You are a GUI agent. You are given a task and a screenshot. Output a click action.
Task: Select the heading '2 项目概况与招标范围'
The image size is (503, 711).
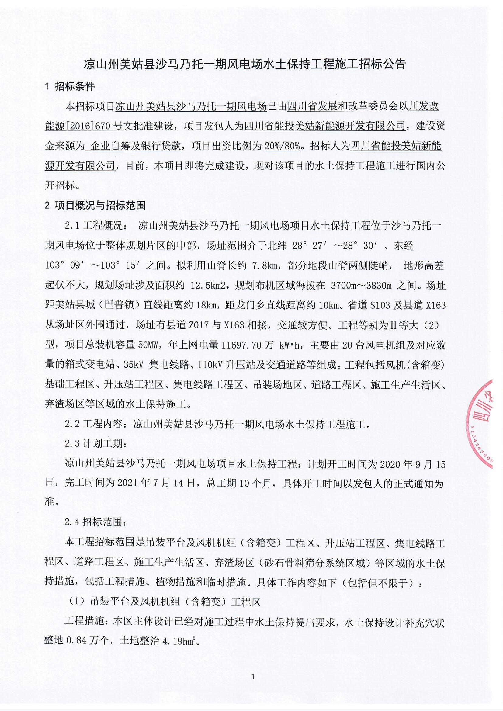point(95,205)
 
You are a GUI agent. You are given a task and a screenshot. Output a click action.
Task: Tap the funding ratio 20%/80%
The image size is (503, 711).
point(282,146)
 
